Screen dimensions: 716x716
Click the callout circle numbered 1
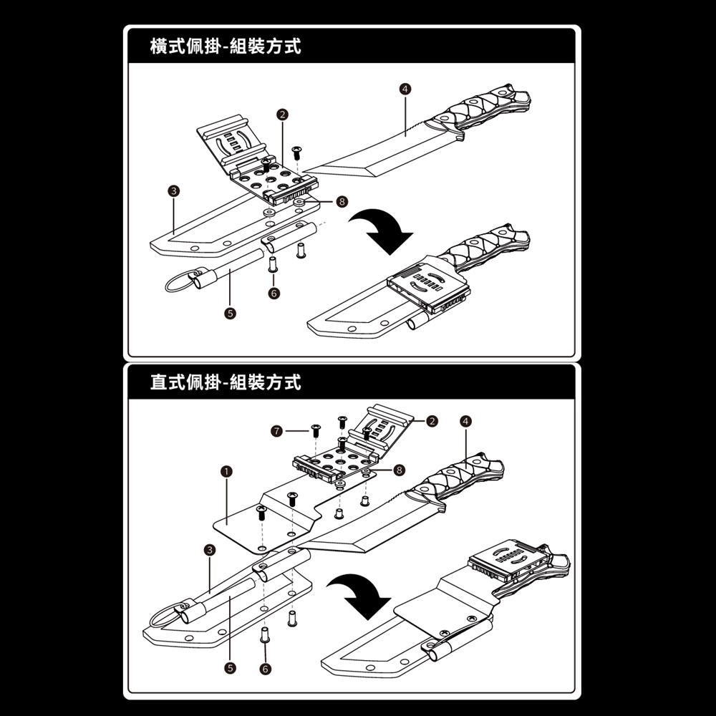click(x=226, y=470)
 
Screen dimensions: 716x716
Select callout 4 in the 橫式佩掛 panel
click(x=405, y=89)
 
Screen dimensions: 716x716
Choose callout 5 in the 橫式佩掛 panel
click(x=229, y=313)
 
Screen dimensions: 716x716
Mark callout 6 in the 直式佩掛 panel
click(x=265, y=667)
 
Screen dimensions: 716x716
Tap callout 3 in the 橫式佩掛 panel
click(x=173, y=190)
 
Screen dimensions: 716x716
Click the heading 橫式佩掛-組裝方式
click(x=226, y=47)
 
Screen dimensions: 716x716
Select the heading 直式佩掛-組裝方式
click(x=226, y=382)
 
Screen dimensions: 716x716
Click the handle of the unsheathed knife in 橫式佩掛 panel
click(x=487, y=110)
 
